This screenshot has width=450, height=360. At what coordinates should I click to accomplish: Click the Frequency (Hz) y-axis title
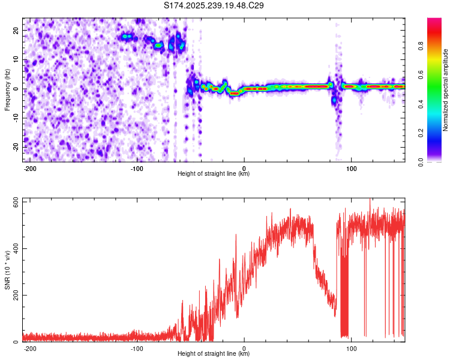click(x=7, y=90)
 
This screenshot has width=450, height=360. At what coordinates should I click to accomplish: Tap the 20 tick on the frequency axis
click(x=16, y=30)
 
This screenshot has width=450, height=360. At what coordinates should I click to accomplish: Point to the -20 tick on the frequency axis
click(x=15, y=147)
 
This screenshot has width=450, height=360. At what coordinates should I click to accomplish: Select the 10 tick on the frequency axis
click(x=16, y=59)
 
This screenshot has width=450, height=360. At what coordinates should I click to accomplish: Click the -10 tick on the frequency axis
click(x=15, y=118)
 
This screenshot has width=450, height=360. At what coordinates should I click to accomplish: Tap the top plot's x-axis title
click(x=214, y=174)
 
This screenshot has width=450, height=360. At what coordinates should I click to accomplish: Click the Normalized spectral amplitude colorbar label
click(x=446, y=90)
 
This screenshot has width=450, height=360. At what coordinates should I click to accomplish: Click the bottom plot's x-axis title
click(x=214, y=354)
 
